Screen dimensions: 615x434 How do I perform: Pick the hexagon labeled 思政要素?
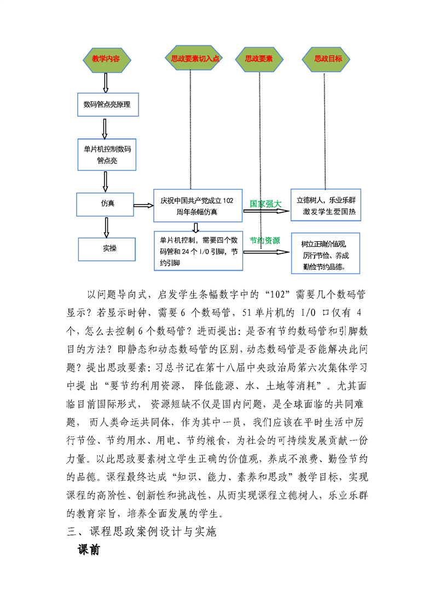pos(259,59)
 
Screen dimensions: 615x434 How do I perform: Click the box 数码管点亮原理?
pos(107,104)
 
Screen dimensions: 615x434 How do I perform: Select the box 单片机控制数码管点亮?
pos(107,155)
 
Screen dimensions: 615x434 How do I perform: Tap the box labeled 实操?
pos(109,249)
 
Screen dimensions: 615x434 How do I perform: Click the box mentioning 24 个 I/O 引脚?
pos(198,252)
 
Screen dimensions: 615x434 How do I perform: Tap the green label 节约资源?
pos(265,241)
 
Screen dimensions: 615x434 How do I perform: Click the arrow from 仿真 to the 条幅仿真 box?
pos(144,206)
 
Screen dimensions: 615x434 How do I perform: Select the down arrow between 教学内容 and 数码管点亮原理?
pos(106,82)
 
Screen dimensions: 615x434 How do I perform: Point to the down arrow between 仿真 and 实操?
pos(106,226)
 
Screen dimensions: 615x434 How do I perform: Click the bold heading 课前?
pos(89,550)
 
